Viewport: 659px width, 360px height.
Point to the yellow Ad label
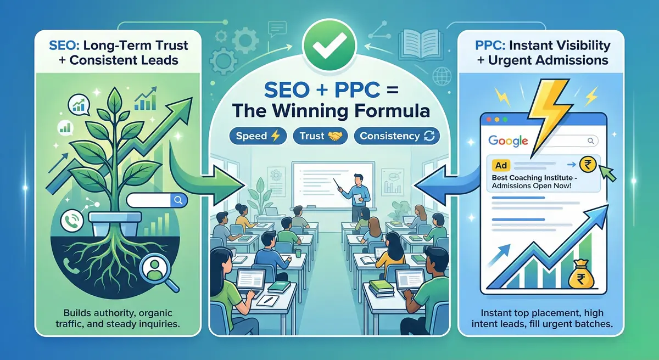pos(500,165)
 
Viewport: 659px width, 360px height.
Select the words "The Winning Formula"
pos(330,110)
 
